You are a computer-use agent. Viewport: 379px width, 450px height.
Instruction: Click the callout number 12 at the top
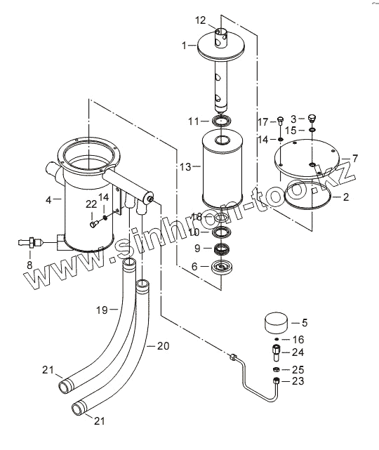pyautogui.click(x=201, y=20)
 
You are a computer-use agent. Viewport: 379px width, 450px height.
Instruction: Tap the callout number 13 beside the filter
pyautogui.click(x=185, y=167)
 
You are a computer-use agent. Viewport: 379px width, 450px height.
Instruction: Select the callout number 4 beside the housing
pyautogui.click(x=48, y=200)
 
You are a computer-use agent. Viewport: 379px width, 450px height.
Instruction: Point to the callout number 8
pyautogui.click(x=29, y=265)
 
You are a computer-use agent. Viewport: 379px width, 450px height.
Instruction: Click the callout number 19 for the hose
pyautogui.click(x=102, y=310)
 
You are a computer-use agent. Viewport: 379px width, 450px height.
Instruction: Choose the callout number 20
pyautogui.click(x=164, y=346)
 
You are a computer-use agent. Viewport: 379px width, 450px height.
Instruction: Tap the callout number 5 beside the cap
pyautogui.click(x=305, y=322)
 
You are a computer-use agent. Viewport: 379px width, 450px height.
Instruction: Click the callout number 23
pyautogui.click(x=298, y=381)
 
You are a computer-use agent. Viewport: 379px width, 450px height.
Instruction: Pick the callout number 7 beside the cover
pyautogui.click(x=355, y=158)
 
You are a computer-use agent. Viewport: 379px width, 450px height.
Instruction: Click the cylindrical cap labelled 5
pyautogui.click(x=275, y=323)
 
